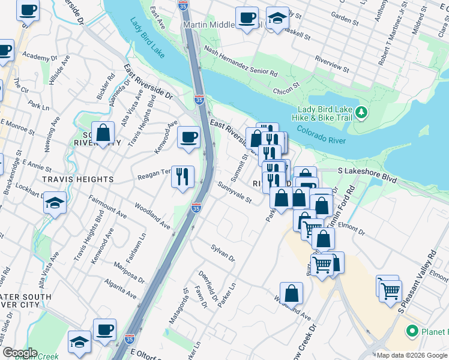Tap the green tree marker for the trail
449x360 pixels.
361,112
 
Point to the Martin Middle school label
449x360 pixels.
213,25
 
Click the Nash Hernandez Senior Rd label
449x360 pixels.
240,62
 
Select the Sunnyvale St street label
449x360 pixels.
236,193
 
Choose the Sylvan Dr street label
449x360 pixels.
223,253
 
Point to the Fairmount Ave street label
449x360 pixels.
107,205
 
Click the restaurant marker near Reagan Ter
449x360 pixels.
183,176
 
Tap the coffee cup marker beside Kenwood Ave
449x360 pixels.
189,137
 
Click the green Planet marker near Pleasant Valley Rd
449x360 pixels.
412,331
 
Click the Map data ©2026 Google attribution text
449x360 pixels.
412,355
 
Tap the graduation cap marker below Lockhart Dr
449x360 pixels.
55,203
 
